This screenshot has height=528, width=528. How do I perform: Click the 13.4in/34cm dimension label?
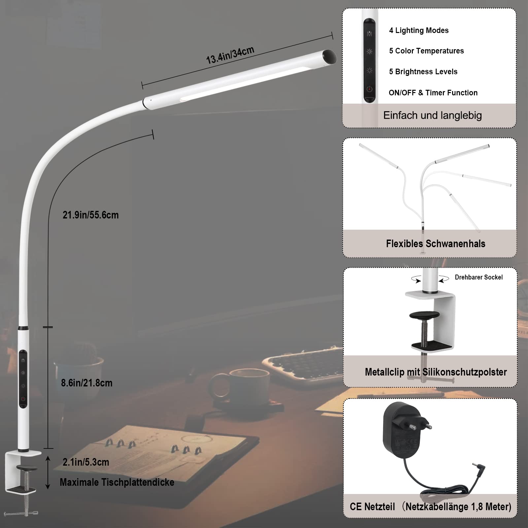point(230,55)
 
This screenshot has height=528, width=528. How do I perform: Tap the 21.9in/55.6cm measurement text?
point(90,215)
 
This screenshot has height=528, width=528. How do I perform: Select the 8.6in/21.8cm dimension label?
point(86,383)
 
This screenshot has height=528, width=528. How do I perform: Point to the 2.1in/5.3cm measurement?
point(86,462)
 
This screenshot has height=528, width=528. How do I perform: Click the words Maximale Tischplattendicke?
point(117,482)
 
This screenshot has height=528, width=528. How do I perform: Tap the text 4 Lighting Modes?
point(418,30)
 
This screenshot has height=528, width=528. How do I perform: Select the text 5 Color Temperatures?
point(426,51)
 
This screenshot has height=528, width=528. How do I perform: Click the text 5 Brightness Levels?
point(423,72)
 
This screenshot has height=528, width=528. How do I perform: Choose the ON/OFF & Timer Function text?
point(433,93)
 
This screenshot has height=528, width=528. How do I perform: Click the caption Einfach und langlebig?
point(432,115)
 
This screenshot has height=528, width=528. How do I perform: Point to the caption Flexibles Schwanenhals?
point(435,244)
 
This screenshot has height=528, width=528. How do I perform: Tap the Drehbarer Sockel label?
point(478,277)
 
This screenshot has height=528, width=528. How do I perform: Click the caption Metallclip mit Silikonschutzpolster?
point(436,372)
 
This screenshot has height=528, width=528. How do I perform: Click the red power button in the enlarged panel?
point(369,89)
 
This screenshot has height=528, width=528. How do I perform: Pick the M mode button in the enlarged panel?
point(369,34)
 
